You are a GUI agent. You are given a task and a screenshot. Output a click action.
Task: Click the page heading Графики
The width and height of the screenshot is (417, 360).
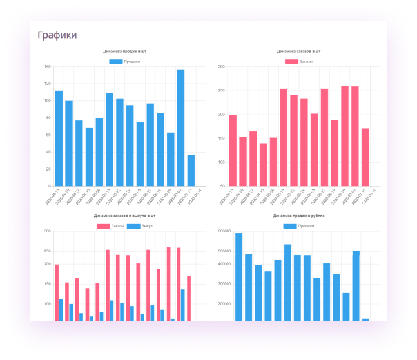click(x=57, y=35)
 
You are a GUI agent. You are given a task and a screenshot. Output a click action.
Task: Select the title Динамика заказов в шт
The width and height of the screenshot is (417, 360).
click(x=298, y=51)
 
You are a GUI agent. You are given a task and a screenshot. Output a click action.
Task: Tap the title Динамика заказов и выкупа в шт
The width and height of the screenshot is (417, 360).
click(x=124, y=216)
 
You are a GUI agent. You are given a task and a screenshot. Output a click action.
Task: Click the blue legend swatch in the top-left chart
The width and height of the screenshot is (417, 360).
click(x=115, y=61)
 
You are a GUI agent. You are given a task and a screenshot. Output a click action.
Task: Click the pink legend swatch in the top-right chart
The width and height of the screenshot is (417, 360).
click(x=291, y=61)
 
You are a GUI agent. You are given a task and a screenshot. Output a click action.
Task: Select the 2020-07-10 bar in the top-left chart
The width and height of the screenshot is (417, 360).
click(x=191, y=170)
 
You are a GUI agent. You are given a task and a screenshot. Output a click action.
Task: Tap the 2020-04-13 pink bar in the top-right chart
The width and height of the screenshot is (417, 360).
click(x=233, y=151)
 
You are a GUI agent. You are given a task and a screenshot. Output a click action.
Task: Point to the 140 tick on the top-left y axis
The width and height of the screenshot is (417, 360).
click(x=47, y=66)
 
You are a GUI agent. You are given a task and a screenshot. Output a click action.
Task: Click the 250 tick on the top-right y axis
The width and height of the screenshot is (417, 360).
click(x=220, y=91)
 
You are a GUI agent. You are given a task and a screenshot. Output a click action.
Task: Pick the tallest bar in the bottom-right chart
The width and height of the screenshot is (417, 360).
click(x=238, y=277)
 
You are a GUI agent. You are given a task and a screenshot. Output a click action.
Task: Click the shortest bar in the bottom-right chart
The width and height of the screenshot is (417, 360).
click(x=365, y=319)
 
